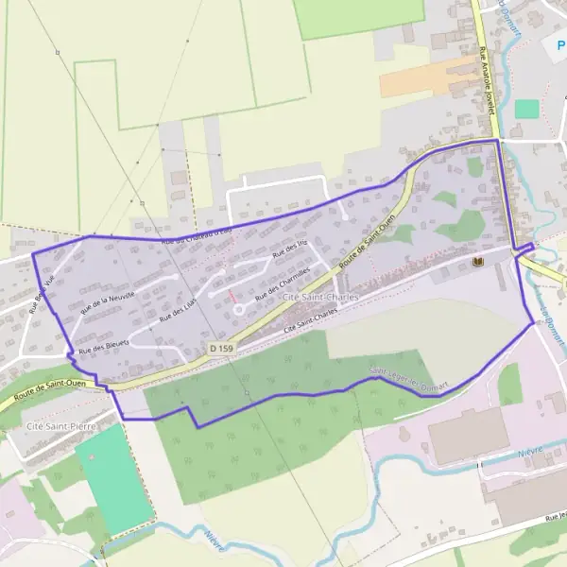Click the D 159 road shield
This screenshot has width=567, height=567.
pos(221,349)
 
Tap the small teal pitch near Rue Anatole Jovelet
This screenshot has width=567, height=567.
pos(526,109)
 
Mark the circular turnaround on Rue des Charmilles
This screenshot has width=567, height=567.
pos(238,308)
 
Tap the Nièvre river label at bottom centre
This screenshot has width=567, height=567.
pos(216,541)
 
